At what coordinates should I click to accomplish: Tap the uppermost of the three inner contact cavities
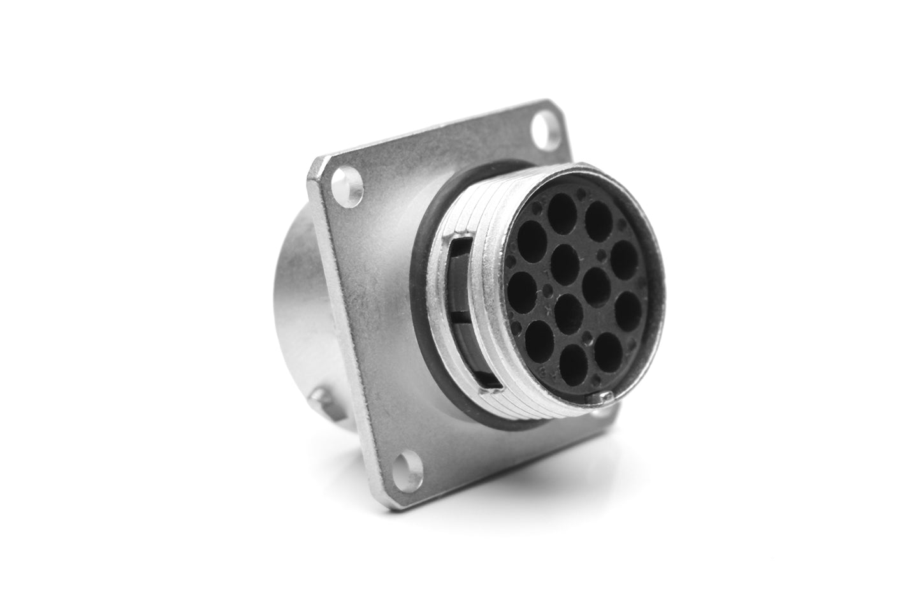[564, 258]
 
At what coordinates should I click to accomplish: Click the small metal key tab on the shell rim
[600, 398]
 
